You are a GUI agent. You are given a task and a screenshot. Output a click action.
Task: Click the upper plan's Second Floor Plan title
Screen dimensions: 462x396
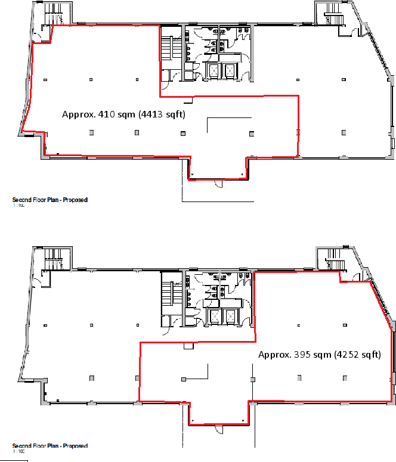(x=50, y=200)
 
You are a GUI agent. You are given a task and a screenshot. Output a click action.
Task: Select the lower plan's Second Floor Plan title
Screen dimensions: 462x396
(x=50, y=445)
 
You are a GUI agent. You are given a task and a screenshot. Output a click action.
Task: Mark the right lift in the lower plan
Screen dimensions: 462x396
(x=230, y=317)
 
